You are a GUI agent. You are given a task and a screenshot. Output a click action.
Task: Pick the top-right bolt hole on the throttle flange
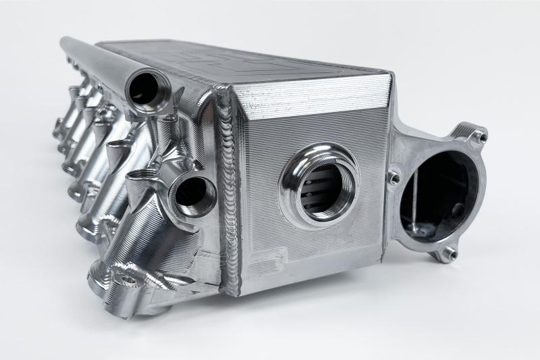(x=479, y=137)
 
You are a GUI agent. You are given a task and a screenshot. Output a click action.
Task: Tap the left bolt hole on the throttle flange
(x=394, y=178)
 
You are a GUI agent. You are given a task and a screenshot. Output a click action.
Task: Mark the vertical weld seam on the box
(x=225, y=196)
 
